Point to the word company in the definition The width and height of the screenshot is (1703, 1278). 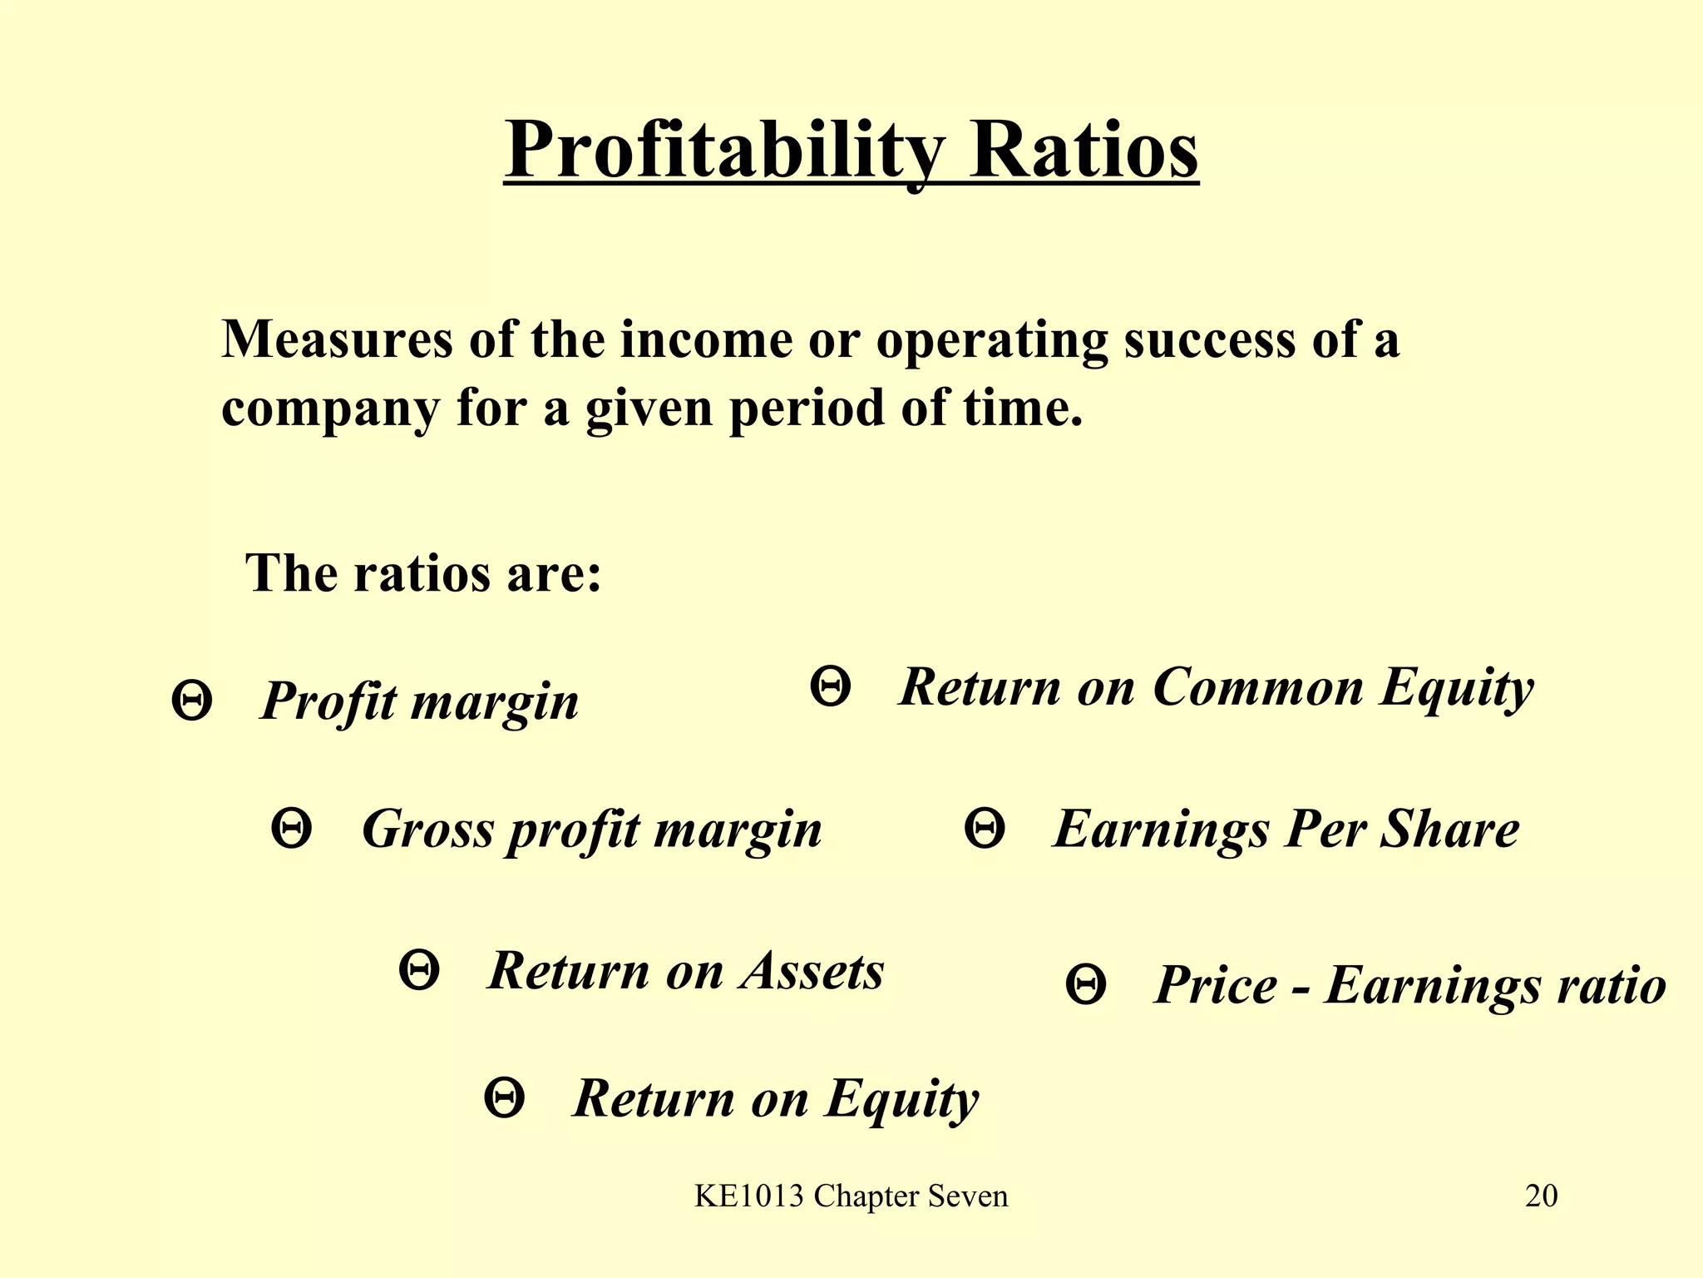330,409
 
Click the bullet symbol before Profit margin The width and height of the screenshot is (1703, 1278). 191,701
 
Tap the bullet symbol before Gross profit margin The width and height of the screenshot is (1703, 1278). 292,829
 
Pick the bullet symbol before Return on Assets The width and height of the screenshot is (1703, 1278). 419,970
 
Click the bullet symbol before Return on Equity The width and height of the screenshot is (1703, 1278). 504,1098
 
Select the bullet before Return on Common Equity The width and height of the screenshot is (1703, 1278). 830,686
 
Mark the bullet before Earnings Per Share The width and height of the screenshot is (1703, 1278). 985,829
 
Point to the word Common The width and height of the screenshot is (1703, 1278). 1258,687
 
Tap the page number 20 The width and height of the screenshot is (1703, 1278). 1541,1196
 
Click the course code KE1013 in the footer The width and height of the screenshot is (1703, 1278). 749,1196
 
